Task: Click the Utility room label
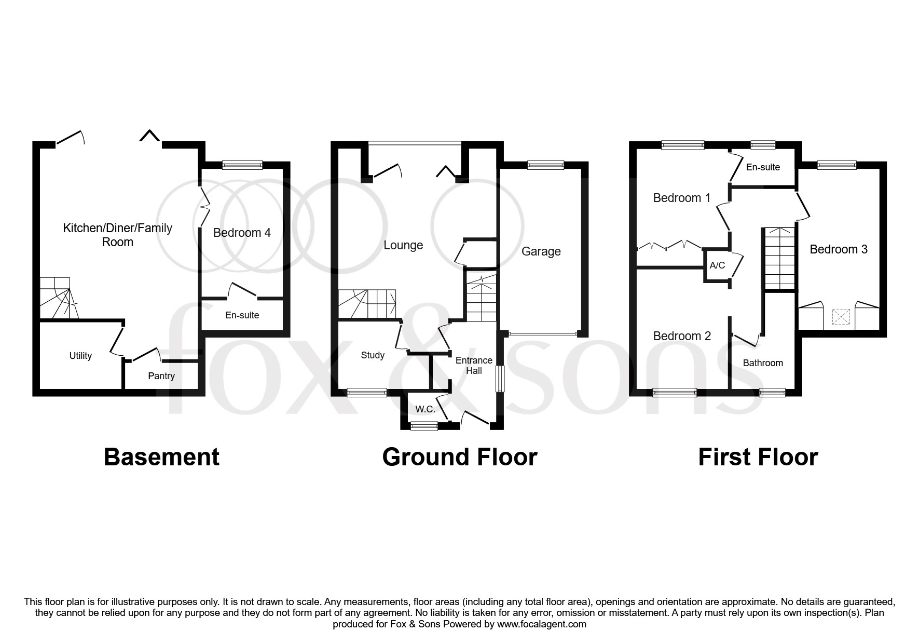pyautogui.click(x=80, y=356)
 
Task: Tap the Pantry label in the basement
pyautogui.click(x=161, y=376)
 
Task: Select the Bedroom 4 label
pyautogui.click(x=242, y=233)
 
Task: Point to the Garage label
pyautogui.click(x=541, y=252)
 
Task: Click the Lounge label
pyautogui.click(x=403, y=246)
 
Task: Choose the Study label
pyautogui.click(x=373, y=355)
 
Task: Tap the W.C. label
pyautogui.click(x=425, y=409)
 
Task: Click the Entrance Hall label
pyautogui.click(x=474, y=366)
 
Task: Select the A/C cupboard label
pyautogui.click(x=717, y=265)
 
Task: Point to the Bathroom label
pyautogui.click(x=763, y=363)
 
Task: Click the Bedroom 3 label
pyautogui.click(x=839, y=249)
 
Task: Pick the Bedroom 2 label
pyautogui.click(x=682, y=336)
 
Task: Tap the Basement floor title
pyautogui.click(x=162, y=457)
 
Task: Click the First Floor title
pyautogui.click(x=758, y=457)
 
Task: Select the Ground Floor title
pyautogui.click(x=460, y=457)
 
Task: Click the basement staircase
pyautogui.click(x=58, y=298)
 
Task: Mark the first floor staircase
pyautogui.click(x=778, y=258)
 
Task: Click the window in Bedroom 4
pyautogui.click(x=242, y=165)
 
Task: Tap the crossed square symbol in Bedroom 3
pyautogui.click(x=840, y=316)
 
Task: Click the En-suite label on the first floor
pyautogui.click(x=763, y=167)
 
